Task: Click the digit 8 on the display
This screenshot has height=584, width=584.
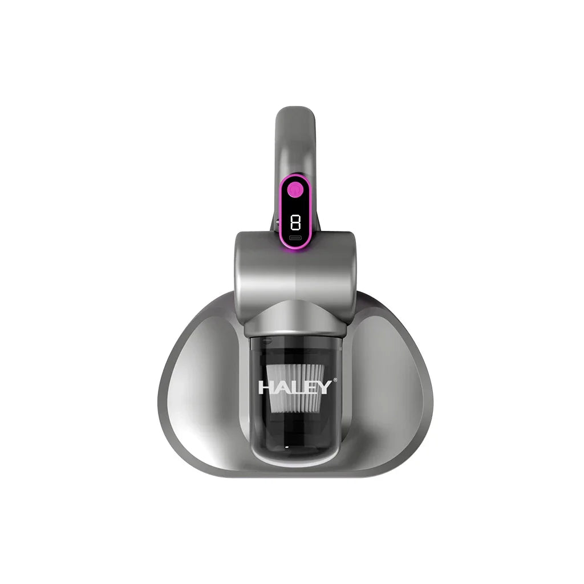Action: [x=295, y=222]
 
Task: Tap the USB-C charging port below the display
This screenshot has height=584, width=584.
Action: [x=295, y=238]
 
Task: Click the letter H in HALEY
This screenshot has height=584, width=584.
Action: [x=266, y=388]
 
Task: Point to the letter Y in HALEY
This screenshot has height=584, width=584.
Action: [x=325, y=388]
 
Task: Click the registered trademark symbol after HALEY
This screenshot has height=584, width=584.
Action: [x=335, y=380]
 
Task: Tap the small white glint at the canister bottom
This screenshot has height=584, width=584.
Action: [x=287, y=443]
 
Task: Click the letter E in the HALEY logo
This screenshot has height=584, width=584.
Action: [x=310, y=388]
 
